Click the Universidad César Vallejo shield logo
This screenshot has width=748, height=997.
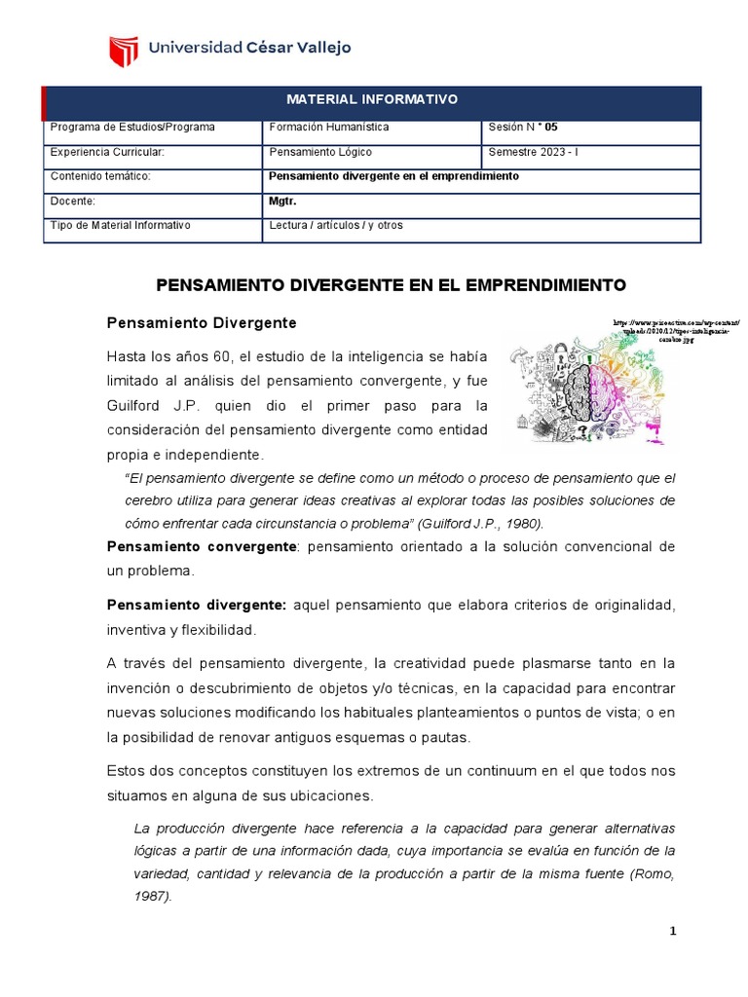123,49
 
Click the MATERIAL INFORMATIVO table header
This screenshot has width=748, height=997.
371,100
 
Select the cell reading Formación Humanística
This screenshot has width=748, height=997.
329,128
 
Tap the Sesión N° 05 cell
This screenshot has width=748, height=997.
524,128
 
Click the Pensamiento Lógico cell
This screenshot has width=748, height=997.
320,152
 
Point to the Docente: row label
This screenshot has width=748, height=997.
72,201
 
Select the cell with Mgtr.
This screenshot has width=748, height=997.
280,201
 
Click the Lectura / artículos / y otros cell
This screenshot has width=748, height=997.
335,225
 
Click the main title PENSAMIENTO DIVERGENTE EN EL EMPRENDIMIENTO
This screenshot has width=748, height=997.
390,285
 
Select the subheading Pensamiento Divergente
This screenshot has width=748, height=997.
201,321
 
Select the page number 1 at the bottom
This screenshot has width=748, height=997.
672,932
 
